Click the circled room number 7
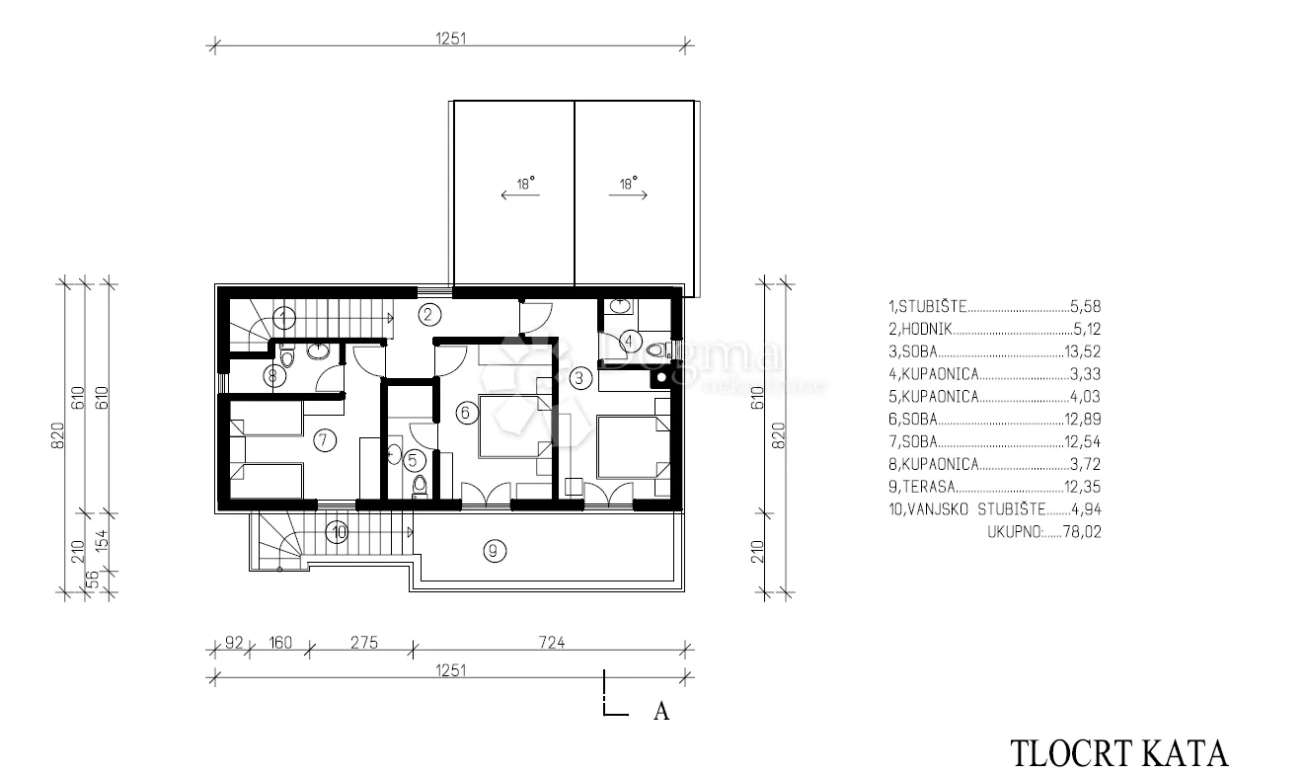325,440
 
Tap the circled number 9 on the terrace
495,551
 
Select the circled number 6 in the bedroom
466,414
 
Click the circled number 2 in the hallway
428,315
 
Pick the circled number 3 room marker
579,378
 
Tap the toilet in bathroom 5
420,486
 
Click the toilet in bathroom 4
658,349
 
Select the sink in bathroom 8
319,351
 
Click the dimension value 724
552,643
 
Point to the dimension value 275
364,643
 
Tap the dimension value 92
234,643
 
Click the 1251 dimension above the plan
450,39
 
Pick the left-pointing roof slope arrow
520,194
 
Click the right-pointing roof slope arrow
628,194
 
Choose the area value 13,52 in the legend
1082,351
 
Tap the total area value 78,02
1082,532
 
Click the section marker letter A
661,712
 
